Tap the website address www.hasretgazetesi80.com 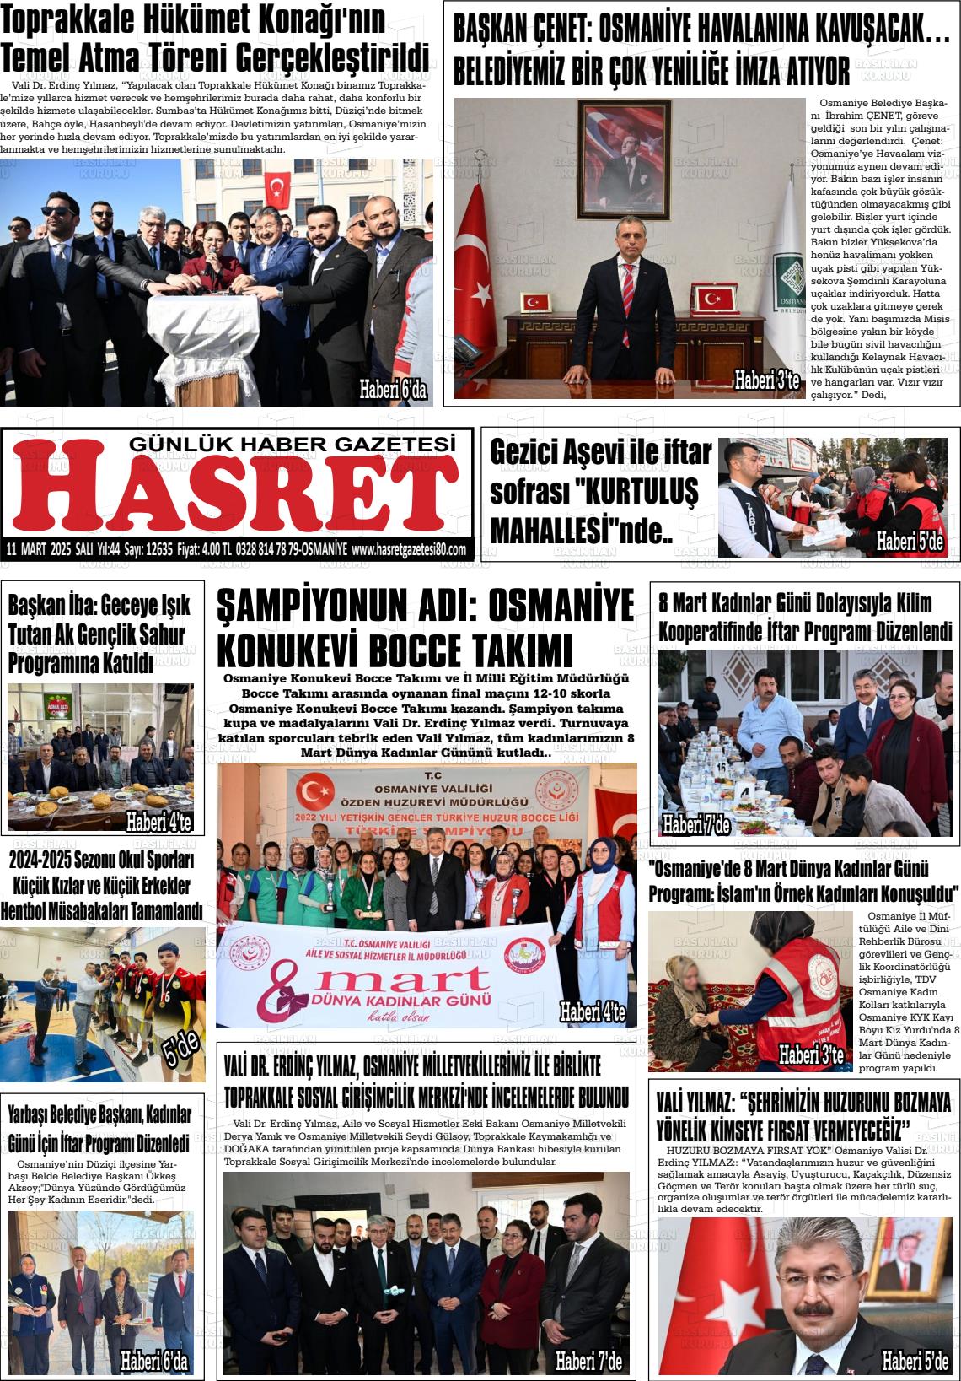(x=409, y=549)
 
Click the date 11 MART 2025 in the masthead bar (x=39, y=549)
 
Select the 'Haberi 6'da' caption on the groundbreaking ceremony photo (x=393, y=390)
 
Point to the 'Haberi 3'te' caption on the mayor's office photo (x=766, y=381)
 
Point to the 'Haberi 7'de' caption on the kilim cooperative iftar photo (x=695, y=824)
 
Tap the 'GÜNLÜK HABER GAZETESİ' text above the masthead (x=292, y=443)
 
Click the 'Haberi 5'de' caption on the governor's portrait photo (x=915, y=1360)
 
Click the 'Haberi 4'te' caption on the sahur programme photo (x=159, y=822)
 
